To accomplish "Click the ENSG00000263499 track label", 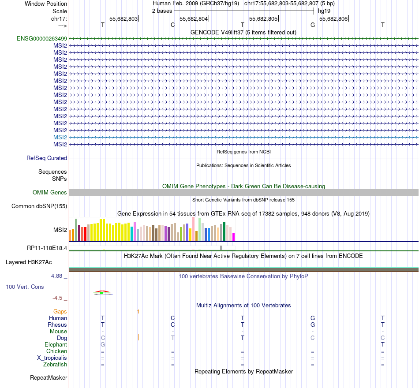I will coord(42,38).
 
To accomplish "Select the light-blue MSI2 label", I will coord(60,137).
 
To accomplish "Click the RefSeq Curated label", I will coord(47,158).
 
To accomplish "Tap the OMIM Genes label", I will coord(50,192).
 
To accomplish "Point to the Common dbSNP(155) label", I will coord(39,206).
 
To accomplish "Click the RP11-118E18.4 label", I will coord(47,248).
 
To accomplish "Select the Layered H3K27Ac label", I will coord(29,262).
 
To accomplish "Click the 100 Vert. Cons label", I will coord(25,287).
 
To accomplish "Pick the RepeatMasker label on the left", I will coord(49,377).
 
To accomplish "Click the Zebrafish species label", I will coord(55,364).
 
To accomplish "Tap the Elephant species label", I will coord(56,344).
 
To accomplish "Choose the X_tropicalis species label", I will coord(52,358).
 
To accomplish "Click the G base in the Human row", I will coord(313,318).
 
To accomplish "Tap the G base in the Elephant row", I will coord(103,344).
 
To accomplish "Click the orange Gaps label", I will coord(60,311).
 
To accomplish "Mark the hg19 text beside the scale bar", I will coord(324,11).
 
